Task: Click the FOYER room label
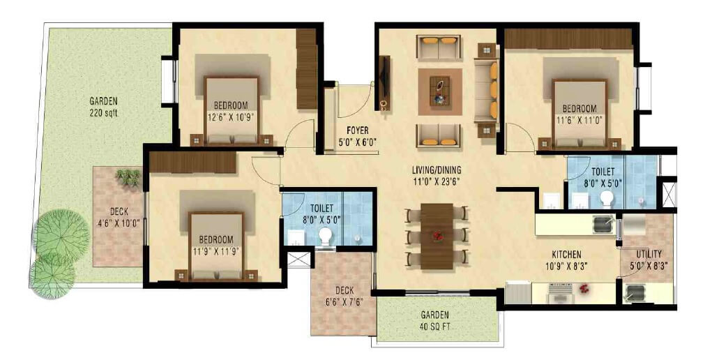[357, 130]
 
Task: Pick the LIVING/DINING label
[437, 170]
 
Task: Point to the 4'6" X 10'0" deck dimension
[118, 224]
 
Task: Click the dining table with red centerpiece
[437, 236]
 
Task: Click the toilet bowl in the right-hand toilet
[606, 200]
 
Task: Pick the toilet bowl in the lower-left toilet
[324, 238]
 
